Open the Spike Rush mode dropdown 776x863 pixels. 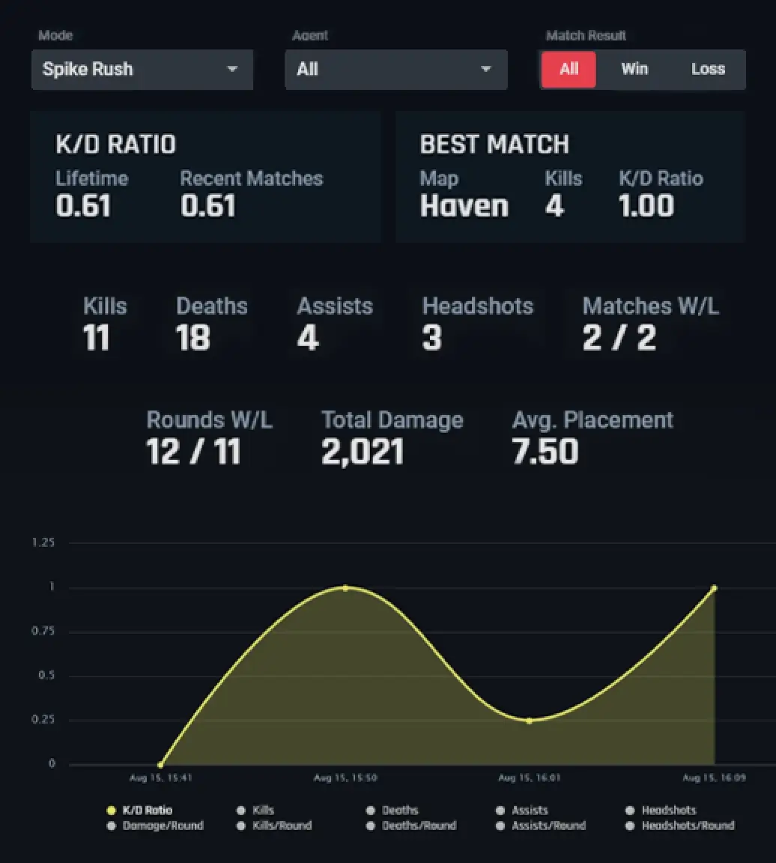coord(142,70)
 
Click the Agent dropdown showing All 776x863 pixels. coord(395,70)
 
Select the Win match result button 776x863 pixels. coord(634,70)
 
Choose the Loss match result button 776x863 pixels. coord(708,70)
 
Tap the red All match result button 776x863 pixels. coord(569,70)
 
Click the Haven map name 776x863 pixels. coord(464,206)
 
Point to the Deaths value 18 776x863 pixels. coord(193,338)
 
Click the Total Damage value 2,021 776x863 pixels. coord(363,452)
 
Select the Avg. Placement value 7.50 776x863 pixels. coord(545,452)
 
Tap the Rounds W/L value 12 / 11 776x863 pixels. coord(193,452)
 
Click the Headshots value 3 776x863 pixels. coord(431,338)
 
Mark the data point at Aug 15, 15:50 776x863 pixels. coord(345,588)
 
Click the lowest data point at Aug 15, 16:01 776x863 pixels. coord(529,721)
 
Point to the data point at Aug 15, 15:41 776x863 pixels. coord(160,765)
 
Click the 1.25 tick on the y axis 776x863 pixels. coord(43,542)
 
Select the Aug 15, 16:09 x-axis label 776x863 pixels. coord(714,778)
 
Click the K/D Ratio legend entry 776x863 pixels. coord(147,810)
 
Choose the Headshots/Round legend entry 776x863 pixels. coord(688,826)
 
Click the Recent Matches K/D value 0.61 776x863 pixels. coord(208,206)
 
